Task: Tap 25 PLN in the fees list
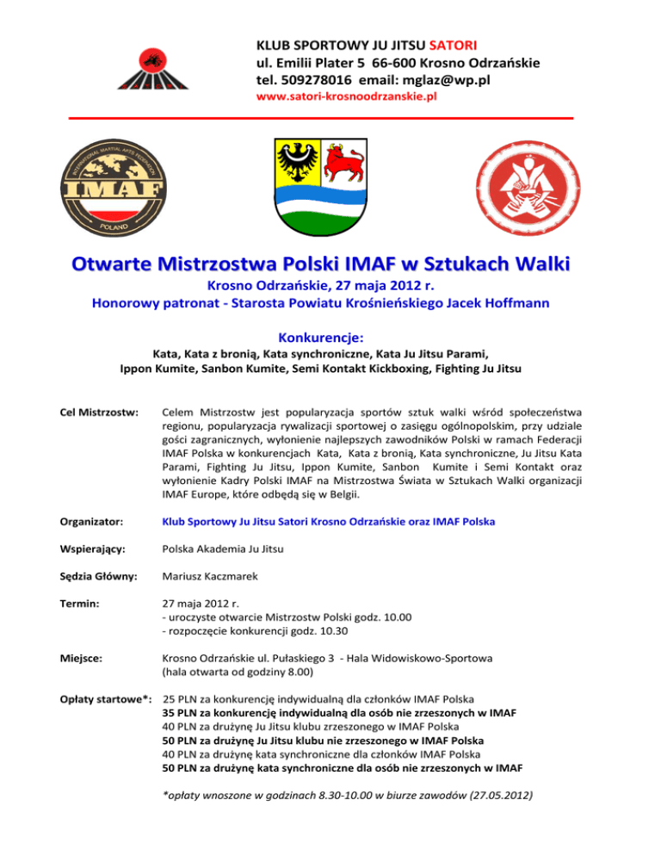(181, 722)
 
